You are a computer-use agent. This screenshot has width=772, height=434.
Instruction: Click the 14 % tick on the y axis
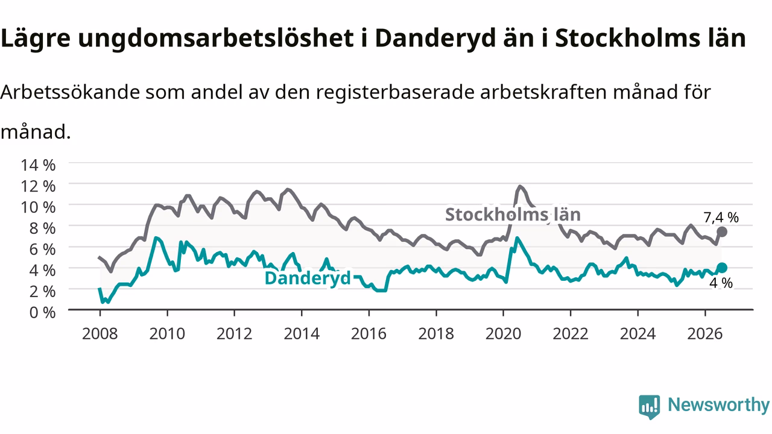pos(38,165)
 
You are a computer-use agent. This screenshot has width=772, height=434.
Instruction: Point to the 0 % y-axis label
pos(42,312)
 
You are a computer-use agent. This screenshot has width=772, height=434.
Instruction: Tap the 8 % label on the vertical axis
pos(42,228)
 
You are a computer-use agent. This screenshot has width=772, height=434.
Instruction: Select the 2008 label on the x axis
pos(100,334)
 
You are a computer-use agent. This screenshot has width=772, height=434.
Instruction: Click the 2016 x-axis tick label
pos(369,334)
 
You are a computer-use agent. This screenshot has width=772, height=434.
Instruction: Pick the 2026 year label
pos(705,334)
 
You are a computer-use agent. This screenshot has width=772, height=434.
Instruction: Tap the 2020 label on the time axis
pos(503,334)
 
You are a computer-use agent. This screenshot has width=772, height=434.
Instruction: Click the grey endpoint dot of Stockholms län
pos(722,232)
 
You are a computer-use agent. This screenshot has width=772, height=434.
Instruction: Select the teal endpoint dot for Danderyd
pos(722,268)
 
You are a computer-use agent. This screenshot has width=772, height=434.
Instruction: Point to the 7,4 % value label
pos(721,218)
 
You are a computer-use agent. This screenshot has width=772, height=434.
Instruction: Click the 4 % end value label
pos(721,283)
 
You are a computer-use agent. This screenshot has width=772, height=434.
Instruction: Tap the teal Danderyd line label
pos(308,278)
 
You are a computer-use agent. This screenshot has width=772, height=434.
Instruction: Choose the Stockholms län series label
pos(513,214)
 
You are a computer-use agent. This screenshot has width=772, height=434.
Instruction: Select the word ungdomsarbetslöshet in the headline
pos(216,38)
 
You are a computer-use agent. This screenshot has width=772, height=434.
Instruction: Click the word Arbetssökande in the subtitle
pos(71,92)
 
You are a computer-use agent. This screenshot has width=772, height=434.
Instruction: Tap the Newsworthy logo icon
pos(650,407)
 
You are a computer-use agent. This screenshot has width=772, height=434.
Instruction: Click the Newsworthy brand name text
pos(718,405)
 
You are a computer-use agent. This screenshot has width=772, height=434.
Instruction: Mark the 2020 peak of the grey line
pos(520,187)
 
